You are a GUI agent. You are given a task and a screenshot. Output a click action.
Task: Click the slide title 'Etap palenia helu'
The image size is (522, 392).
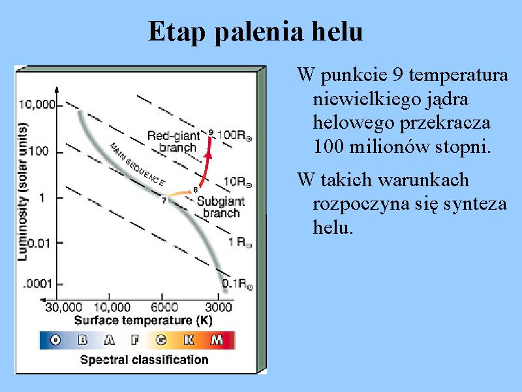click(x=255, y=32)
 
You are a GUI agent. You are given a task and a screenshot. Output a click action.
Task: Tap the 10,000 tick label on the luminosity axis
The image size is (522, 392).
click(x=37, y=105)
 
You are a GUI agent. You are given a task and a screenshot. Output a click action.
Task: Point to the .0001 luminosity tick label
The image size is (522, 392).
click(x=38, y=284)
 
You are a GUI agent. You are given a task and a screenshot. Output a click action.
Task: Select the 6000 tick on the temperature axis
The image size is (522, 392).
click(x=164, y=307)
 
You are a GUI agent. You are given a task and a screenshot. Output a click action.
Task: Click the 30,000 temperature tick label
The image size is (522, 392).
click(x=63, y=307)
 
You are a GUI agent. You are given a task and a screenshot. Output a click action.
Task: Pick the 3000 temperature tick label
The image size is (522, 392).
click(x=218, y=307)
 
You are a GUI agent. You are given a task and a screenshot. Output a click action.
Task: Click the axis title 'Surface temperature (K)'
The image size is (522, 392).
click(x=143, y=321)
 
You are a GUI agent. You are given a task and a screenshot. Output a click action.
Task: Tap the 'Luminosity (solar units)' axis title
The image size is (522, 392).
click(x=22, y=191)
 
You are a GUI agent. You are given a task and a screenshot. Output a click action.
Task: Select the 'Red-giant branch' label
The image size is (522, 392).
click(x=174, y=141)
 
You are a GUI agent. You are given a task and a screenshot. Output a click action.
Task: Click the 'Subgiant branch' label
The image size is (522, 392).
click(x=221, y=207)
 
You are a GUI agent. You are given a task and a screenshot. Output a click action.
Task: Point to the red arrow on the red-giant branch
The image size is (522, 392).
click(x=206, y=161)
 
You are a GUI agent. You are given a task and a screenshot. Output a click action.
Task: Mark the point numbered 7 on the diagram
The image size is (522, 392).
click(x=164, y=201)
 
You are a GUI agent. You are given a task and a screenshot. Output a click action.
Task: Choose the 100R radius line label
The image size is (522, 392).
click(x=234, y=135)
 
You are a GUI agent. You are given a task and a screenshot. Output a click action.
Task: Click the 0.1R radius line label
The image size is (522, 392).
click(x=237, y=284)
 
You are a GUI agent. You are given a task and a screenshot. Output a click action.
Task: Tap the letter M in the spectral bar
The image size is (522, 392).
click(x=217, y=340)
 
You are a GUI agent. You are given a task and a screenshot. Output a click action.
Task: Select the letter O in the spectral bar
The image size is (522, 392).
click(x=55, y=340)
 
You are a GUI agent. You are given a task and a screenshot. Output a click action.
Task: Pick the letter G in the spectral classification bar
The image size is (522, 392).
click(x=161, y=340)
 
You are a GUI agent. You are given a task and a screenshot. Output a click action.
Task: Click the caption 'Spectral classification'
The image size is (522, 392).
click(x=144, y=360)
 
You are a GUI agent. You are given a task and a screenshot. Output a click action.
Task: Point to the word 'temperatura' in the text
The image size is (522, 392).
click(x=459, y=75)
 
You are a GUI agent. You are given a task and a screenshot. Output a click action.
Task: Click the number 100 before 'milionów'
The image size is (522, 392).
click(x=329, y=146)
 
